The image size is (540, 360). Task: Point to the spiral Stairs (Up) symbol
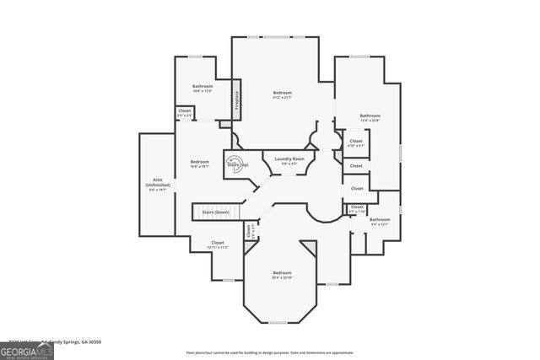coord(237,164)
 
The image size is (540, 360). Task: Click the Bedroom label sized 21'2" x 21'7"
coord(282,94)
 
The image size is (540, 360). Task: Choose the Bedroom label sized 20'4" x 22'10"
coord(282,275)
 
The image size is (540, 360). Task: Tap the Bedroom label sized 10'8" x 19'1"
coord(200,164)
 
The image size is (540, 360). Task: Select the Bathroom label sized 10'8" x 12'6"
coord(202,89)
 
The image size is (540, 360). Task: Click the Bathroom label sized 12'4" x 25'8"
coord(370,118)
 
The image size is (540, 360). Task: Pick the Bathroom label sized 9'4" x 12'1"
coord(379,222)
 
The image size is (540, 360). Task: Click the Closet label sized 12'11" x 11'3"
coord(218,244)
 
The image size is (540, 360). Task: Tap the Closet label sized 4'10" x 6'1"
coord(356,142)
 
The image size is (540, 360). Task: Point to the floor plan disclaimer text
coord(282,352)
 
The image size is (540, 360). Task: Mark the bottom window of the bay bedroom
coord(282,322)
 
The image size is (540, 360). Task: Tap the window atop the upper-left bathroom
coord(195,57)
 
